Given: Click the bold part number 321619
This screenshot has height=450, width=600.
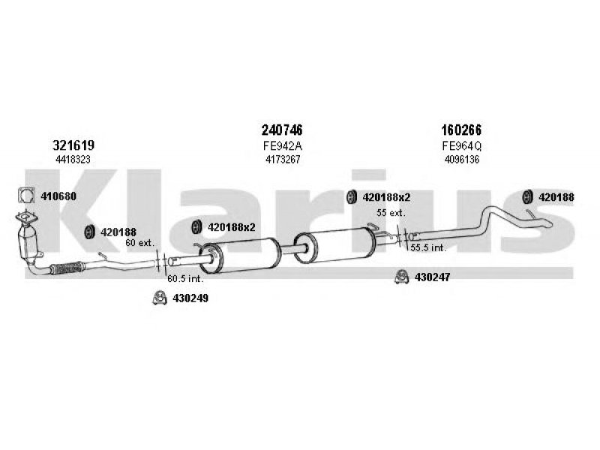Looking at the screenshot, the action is click(x=73, y=145).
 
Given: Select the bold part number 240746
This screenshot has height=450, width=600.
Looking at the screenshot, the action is click(x=282, y=130).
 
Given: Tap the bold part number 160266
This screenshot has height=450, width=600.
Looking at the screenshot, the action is click(x=461, y=130).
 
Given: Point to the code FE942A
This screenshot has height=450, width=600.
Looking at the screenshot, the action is click(x=283, y=145).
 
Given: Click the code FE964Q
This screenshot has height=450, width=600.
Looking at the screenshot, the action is click(x=461, y=145).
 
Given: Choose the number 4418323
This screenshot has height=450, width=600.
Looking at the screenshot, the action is click(x=73, y=160).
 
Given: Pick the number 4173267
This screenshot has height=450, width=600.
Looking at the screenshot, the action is click(x=283, y=160).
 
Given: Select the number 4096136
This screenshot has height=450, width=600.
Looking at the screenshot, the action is click(x=462, y=160).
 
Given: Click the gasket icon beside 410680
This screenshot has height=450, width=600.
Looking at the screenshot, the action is click(x=26, y=196).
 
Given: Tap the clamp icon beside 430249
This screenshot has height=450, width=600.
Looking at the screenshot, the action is click(x=160, y=298).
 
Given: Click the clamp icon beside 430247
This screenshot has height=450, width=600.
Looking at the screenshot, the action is click(x=401, y=277).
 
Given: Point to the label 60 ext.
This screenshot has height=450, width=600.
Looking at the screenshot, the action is click(x=139, y=242).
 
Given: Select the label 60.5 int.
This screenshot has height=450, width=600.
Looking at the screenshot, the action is click(x=185, y=278).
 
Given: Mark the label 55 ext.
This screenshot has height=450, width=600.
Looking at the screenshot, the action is click(x=391, y=213).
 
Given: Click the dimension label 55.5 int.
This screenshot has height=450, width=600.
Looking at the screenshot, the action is click(x=428, y=247).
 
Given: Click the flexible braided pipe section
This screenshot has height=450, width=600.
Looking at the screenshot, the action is click(x=67, y=268).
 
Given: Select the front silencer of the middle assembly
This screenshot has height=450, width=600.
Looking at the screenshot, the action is click(x=240, y=255).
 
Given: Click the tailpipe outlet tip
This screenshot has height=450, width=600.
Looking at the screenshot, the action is click(x=547, y=223).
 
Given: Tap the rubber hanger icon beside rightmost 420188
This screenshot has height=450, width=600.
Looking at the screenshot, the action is click(x=528, y=196).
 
